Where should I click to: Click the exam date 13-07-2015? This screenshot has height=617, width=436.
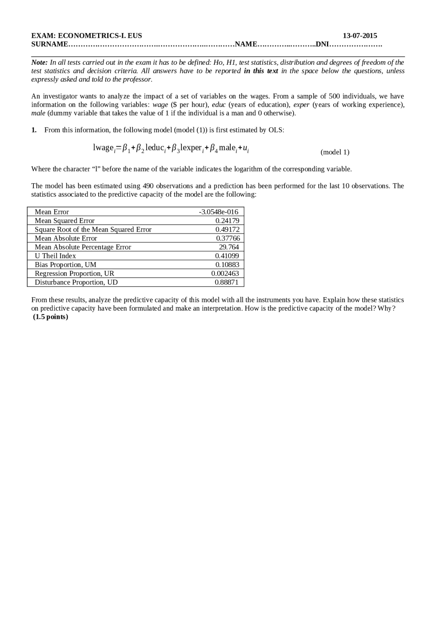point(360,36)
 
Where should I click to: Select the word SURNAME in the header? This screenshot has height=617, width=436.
point(50,44)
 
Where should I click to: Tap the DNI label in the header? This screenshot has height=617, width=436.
point(322,44)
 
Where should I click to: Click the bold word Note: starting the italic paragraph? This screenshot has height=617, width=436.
point(39,63)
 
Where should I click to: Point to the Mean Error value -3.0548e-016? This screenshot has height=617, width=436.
point(218,212)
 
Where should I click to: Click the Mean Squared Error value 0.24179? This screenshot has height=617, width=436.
point(227,221)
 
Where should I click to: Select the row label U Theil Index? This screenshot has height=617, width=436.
point(55,256)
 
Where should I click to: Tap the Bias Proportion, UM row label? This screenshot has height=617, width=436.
point(65,265)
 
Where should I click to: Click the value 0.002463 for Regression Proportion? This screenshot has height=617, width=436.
point(225,274)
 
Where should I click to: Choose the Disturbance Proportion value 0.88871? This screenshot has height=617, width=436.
point(227,282)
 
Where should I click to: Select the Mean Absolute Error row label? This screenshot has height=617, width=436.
point(66,238)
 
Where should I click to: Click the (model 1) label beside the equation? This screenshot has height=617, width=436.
point(335,152)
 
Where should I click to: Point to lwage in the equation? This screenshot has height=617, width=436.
point(103,148)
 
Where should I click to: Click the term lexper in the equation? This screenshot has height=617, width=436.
point(191,148)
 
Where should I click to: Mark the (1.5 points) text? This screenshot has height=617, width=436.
point(51,317)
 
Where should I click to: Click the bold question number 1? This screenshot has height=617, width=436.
point(34,130)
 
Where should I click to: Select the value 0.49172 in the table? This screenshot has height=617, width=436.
point(227,230)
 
